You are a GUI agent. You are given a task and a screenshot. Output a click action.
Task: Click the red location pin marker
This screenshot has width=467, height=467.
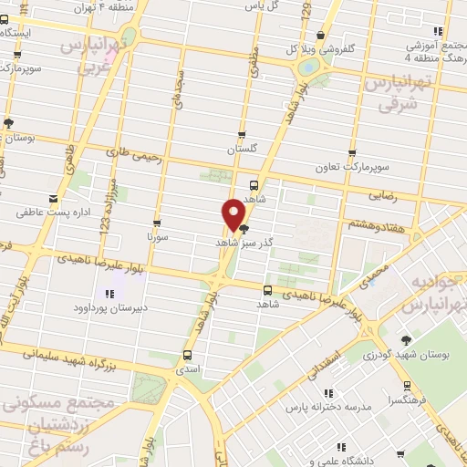pyautogui.click(x=234, y=213)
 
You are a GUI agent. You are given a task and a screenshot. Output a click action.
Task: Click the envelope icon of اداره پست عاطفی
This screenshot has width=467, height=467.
pyautogui.click(x=51, y=198)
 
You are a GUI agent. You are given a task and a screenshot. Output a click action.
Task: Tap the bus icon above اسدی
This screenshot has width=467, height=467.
pyautogui.click(x=188, y=356)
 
